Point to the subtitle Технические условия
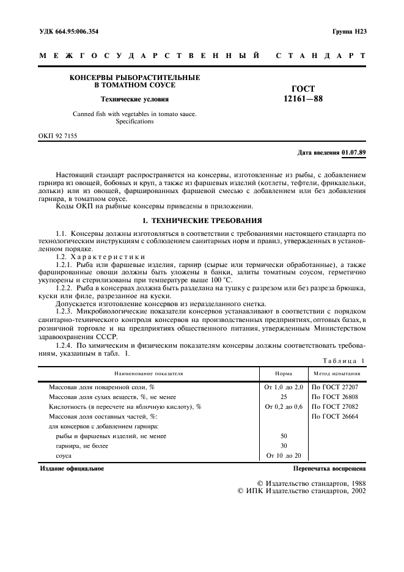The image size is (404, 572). click(134, 98)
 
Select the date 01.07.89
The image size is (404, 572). click(354, 152)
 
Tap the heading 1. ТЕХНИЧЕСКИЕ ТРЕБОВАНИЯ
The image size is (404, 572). click(202, 221)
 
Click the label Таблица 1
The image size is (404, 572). click(345, 361)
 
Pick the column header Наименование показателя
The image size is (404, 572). click(149, 373)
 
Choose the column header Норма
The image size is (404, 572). click(284, 373)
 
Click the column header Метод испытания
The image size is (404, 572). click(337, 373)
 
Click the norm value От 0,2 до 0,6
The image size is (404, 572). click(284, 406)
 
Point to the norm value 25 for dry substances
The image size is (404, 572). click(284, 397)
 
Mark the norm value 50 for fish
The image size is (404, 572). click(284, 436)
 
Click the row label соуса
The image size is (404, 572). click(64, 456)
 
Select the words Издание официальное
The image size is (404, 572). click(72, 469)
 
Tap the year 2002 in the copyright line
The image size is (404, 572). click(355, 491)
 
